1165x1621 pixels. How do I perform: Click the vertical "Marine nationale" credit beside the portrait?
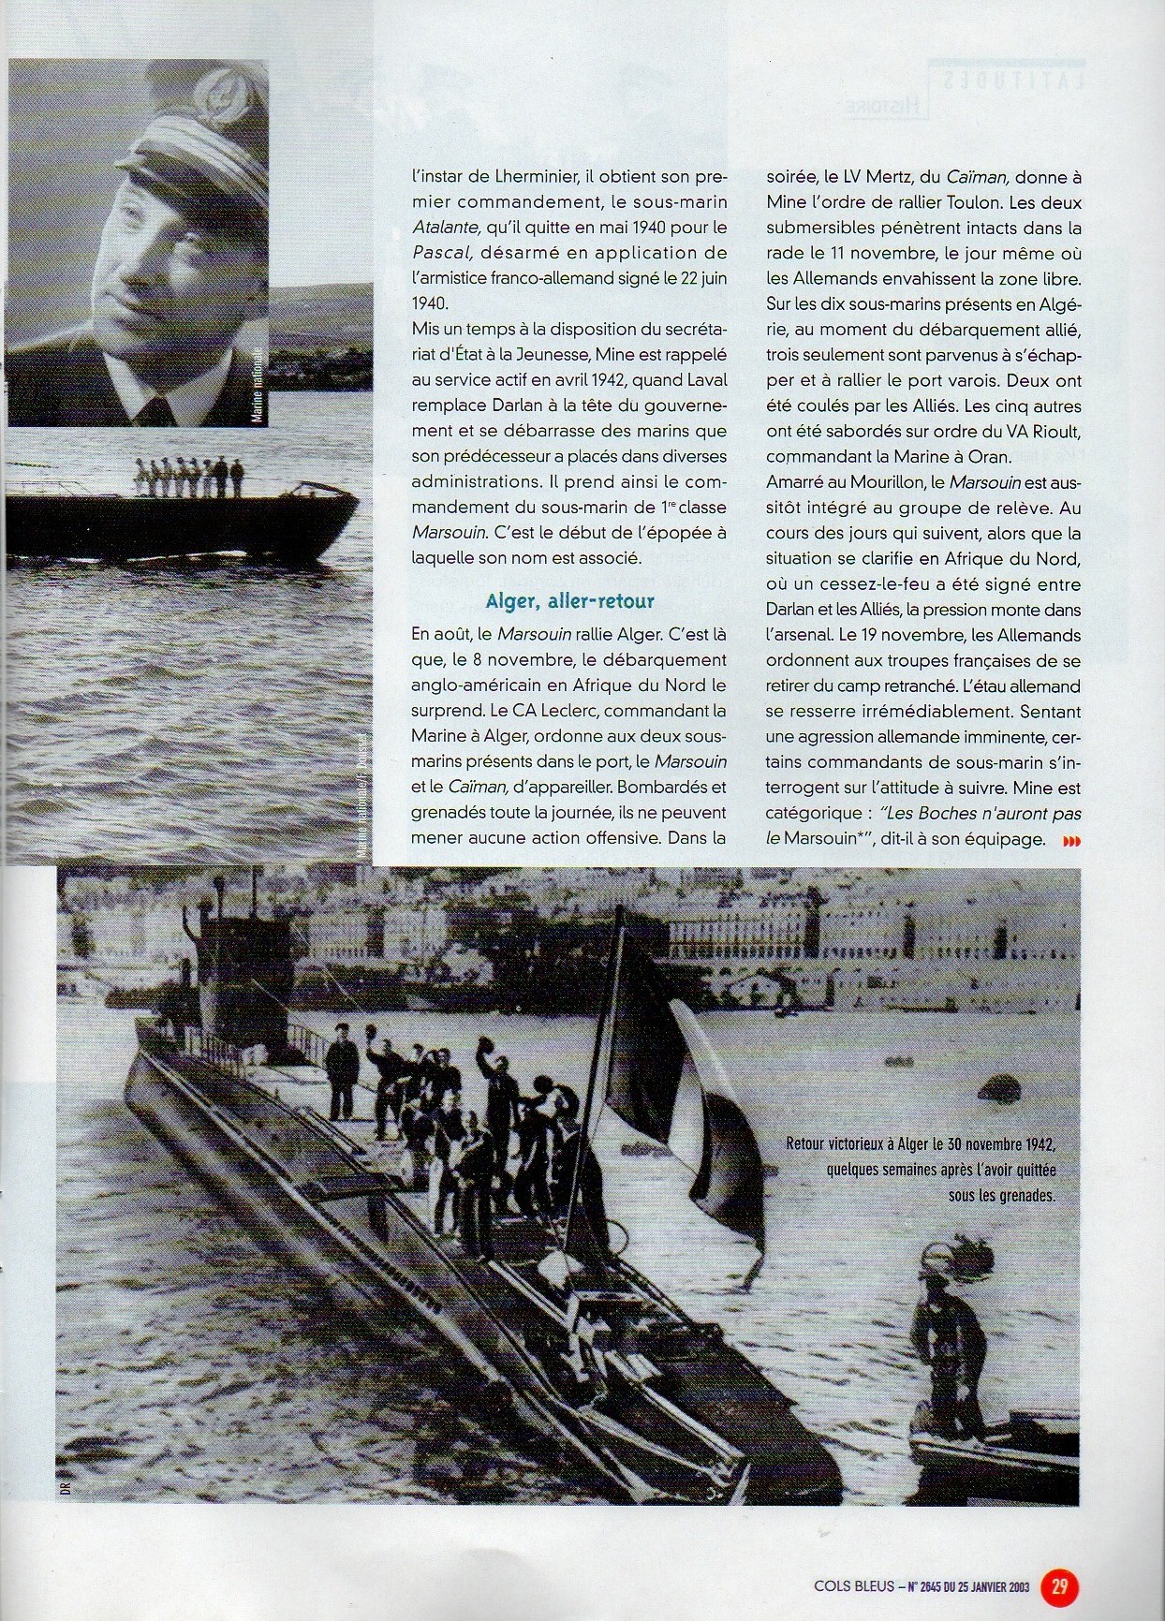258,384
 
